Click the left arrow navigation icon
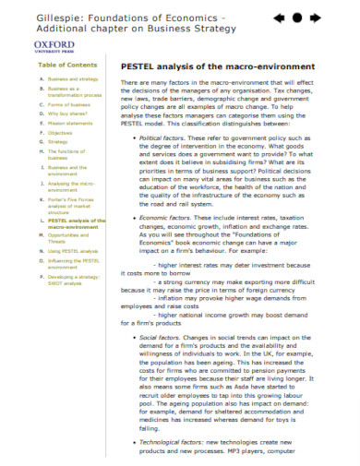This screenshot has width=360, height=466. (279, 18)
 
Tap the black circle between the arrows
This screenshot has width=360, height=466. (296, 18)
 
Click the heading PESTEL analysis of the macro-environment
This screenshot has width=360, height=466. (217, 67)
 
